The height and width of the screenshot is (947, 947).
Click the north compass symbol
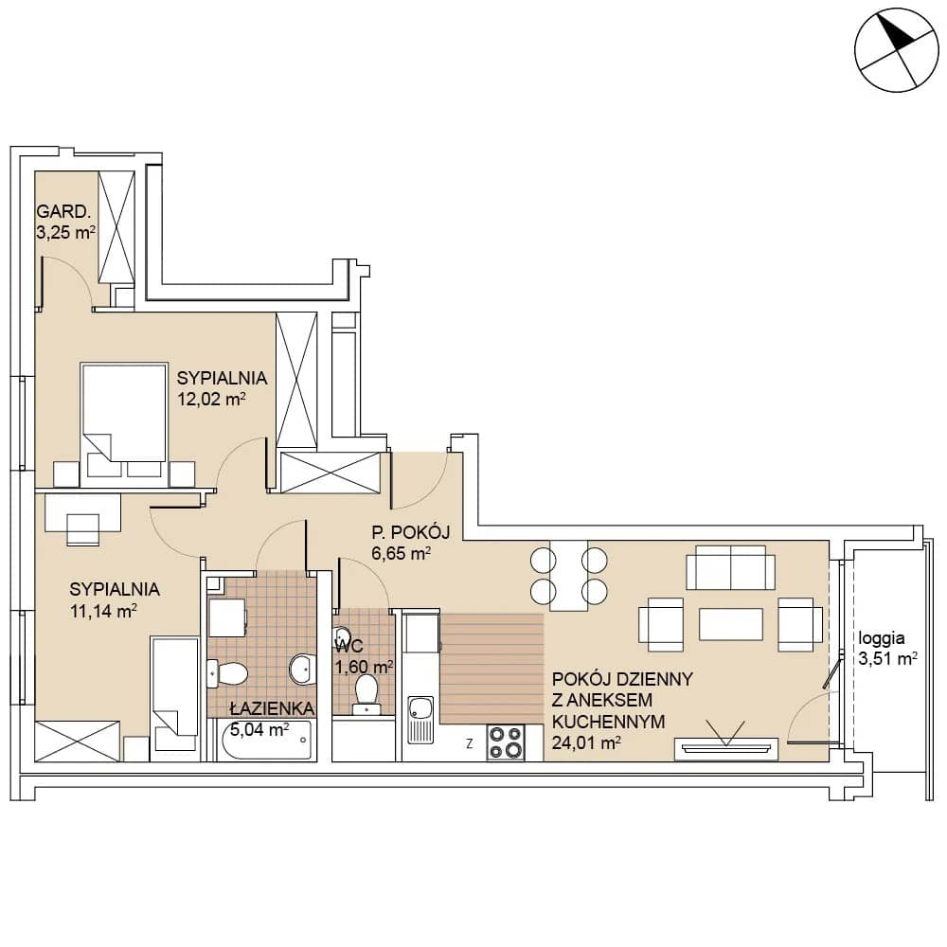point(896,50)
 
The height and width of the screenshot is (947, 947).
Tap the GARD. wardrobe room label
point(63,211)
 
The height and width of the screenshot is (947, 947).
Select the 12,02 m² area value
point(211,399)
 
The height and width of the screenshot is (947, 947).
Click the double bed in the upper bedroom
point(124,424)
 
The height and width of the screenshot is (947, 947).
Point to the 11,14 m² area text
point(103,611)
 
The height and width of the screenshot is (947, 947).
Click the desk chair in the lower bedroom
point(82,529)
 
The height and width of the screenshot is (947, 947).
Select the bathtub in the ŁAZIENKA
point(266,740)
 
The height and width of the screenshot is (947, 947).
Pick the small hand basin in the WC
point(343,635)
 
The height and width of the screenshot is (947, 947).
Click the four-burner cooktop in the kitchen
point(506,742)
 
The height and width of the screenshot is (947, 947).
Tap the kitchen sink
point(420,720)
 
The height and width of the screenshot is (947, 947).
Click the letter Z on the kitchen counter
point(470,744)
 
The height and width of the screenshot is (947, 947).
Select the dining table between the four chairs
point(568,576)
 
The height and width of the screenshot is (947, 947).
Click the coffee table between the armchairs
point(731,624)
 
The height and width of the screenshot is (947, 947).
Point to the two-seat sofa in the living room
point(731,567)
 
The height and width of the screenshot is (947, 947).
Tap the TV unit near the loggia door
point(726,748)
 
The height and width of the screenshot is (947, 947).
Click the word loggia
point(881,637)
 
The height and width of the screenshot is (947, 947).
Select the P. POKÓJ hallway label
point(411,532)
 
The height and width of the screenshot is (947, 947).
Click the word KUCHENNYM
point(608,721)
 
